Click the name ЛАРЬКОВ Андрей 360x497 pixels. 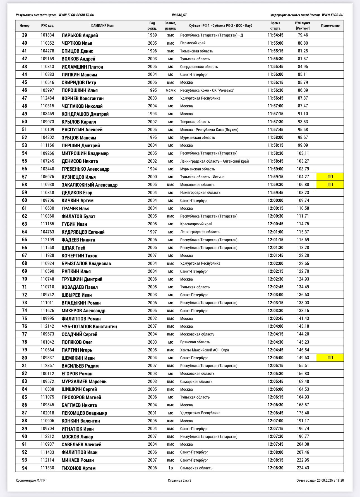pos(80,35)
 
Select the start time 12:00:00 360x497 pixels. pos(275,201)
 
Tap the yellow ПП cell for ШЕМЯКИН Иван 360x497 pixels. pos(330,358)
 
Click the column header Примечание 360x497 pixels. pos(330,26)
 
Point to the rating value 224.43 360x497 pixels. pos(303,468)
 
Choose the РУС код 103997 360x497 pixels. pos(47,90)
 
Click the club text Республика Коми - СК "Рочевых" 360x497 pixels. pos(207,90)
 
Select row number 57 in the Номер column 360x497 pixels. pos(25,177)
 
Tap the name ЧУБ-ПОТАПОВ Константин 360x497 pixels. pos(89,326)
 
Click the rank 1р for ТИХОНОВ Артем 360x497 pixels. pos(170,468)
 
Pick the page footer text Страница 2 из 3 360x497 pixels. pos(179,480)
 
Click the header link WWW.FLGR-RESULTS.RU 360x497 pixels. pos(76,15)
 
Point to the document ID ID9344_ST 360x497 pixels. pos(179,15)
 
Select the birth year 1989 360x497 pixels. pos(152,35)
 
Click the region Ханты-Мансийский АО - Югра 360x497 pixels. pos(204,350)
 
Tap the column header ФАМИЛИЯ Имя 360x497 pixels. pos(102,26)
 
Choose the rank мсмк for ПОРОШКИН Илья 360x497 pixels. pos(170,90)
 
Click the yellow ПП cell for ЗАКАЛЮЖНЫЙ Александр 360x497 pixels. pos(330,185)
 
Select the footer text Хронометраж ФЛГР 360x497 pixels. pos(30,480)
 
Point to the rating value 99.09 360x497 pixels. pos(303,145)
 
